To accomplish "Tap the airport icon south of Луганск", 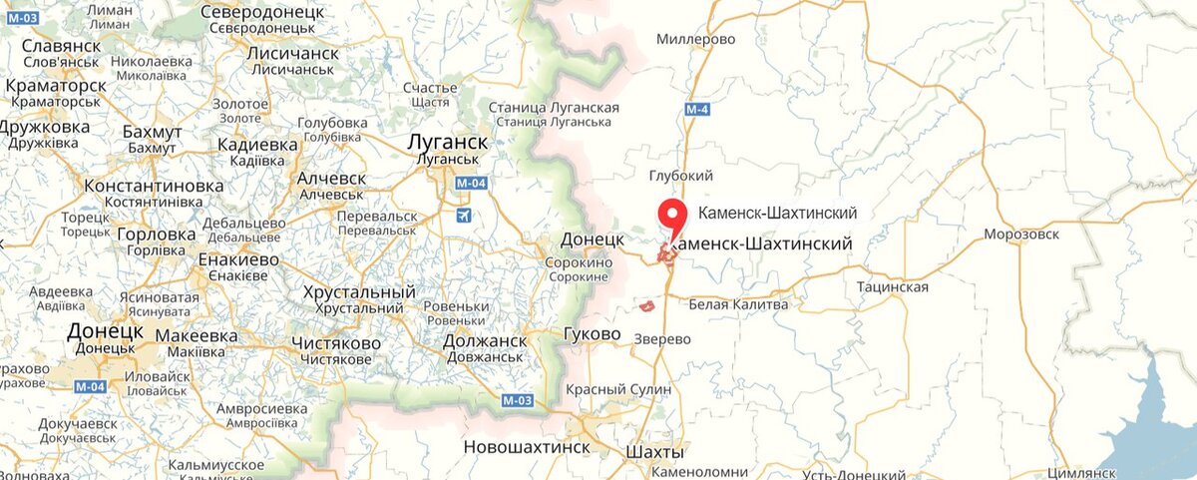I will point(462,215).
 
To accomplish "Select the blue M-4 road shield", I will point(697,109).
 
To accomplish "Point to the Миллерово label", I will point(695,39).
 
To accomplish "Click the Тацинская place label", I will point(892,287).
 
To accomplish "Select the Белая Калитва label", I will point(738,304).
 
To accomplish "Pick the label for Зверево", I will point(662,339).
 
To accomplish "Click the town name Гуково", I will point(592,333).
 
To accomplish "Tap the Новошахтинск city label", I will point(528,448).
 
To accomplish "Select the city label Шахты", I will point(655,453).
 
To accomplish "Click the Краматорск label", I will point(55,86).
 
